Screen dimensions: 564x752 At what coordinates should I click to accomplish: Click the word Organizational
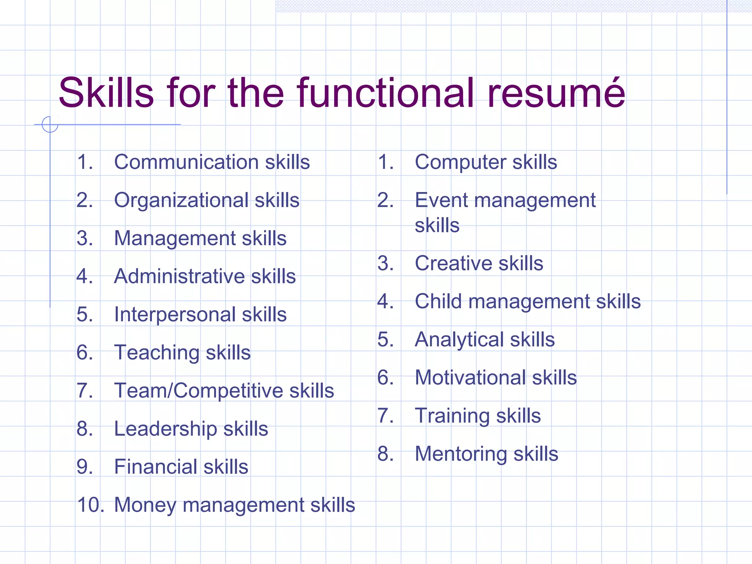[x=181, y=200]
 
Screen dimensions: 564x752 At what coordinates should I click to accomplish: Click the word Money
[x=145, y=506]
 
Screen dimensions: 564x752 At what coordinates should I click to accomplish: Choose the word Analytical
[x=459, y=340]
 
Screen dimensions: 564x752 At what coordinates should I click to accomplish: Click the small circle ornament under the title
[x=50, y=124]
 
